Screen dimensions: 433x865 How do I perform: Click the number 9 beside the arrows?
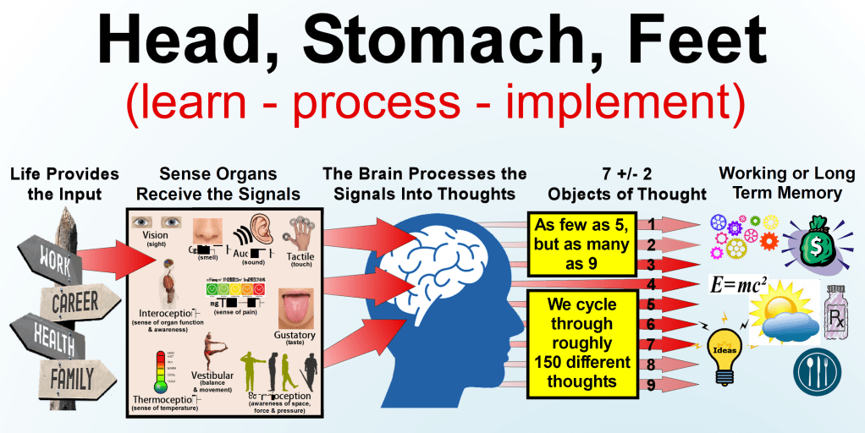click(x=651, y=386)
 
